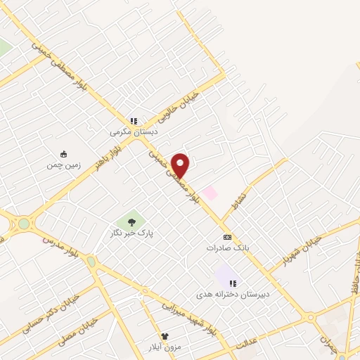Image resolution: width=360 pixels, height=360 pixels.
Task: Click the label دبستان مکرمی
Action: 134,131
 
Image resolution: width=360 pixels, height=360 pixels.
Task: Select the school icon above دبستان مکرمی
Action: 134,120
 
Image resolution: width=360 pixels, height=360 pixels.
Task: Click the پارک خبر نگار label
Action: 131,233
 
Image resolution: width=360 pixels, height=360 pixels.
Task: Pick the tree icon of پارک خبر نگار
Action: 131,222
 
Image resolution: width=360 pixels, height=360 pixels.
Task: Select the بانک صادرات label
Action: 227,248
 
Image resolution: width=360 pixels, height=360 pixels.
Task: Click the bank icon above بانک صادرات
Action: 227,238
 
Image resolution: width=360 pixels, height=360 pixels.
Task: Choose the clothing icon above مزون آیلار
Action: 165,337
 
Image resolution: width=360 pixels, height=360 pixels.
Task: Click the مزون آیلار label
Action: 165,347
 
